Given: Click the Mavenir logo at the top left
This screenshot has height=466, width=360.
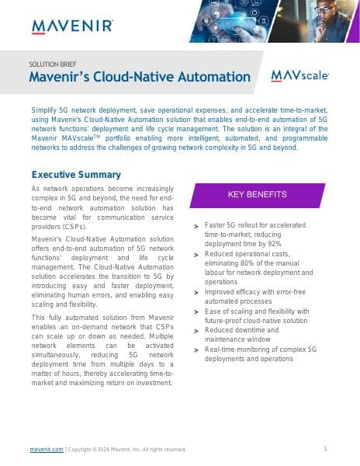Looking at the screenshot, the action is pyautogui.click(x=72, y=26).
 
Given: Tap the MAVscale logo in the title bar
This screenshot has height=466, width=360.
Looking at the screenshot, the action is pyautogui.click(x=299, y=75).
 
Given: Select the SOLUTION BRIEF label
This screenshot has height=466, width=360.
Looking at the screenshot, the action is pyautogui.click(x=52, y=64).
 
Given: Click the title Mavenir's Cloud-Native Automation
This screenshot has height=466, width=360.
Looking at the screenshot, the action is pyautogui.click(x=140, y=77).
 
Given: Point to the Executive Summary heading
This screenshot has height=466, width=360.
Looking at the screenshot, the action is pyautogui.click(x=76, y=175).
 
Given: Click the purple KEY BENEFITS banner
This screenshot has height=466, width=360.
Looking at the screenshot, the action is pyautogui.click(x=257, y=194).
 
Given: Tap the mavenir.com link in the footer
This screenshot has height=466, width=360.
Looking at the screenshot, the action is pyautogui.click(x=47, y=449).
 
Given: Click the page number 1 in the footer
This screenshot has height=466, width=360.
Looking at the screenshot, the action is pyautogui.click(x=325, y=448).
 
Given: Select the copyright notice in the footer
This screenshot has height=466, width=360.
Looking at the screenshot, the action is pyautogui.click(x=127, y=449).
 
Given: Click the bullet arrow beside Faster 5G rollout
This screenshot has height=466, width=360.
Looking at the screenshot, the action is pyautogui.click(x=196, y=226).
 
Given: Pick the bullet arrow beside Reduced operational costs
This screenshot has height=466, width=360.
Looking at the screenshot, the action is pyautogui.click(x=196, y=255).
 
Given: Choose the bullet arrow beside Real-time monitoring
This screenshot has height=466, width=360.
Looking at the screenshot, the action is pyautogui.click(x=196, y=350).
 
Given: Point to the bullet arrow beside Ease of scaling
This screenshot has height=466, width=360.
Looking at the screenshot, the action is pyautogui.click(x=196, y=312).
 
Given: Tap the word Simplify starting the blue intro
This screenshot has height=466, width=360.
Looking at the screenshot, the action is pyautogui.click(x=45, y=110).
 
